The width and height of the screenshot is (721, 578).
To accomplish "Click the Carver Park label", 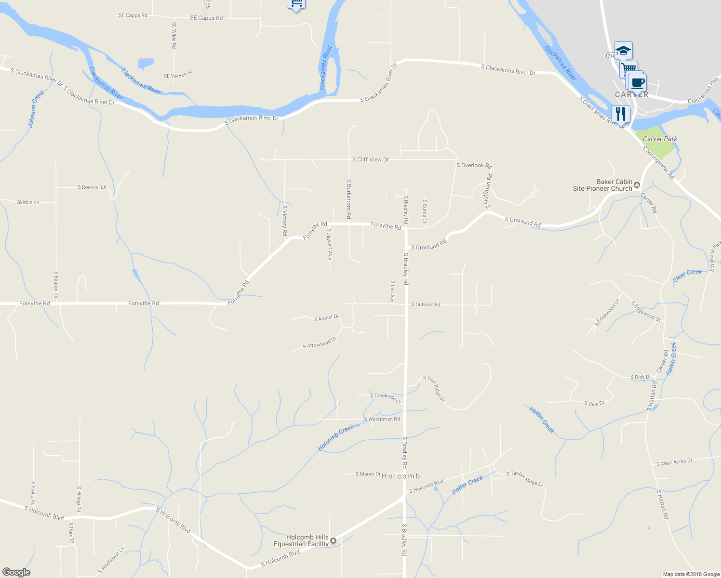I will tap(660, 139).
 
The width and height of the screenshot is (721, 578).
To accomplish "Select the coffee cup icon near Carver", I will tap(637, 83).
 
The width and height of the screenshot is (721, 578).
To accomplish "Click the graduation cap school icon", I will tap(623, 51).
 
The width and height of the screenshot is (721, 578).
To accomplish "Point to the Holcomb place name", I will tap(401, 476).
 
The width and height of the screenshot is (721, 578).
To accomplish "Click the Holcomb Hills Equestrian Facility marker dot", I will tap(333, 540).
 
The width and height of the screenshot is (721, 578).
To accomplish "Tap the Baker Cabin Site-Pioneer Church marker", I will tap(637, 184).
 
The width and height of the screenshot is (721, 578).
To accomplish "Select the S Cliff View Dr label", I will tap(370, 159).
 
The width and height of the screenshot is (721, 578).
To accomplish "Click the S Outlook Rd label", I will tap(425, 304).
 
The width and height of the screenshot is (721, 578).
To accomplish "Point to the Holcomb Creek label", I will tap(335, 438).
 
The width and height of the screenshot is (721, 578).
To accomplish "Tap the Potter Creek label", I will tap(467, 485).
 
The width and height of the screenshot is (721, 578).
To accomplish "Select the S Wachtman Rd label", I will tap(382, 419).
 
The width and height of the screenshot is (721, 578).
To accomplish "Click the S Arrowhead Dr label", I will tap(319, 343).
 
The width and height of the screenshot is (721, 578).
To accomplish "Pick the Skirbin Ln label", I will tap(28, 202).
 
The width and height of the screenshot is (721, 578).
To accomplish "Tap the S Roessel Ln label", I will tap(92, 187).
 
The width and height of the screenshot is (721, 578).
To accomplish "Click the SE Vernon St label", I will tap(178, 74).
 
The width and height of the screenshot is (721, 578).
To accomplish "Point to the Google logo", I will tap(16, 572).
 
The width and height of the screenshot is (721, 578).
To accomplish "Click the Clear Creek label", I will tap(687, 275).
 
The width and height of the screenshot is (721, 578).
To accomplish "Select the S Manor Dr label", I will tap(368, 474).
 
